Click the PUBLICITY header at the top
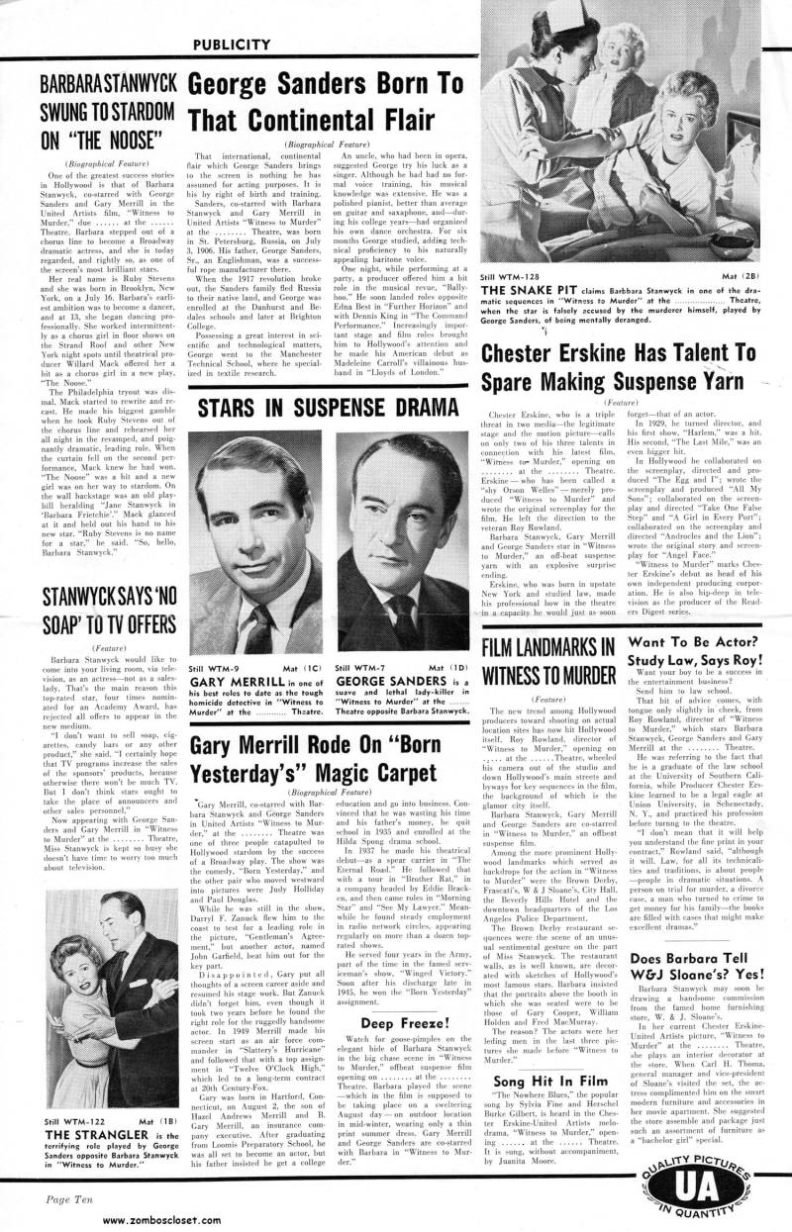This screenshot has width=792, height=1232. pyautogui.click(x=230, y=44)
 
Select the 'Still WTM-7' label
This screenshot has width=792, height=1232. pyautogui.click(x=360, y=669)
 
